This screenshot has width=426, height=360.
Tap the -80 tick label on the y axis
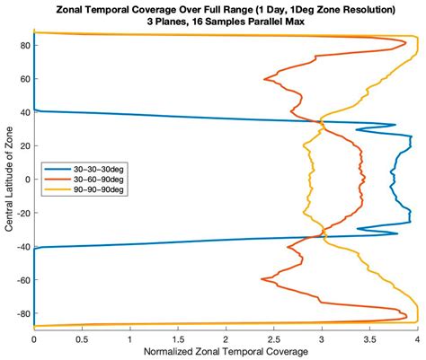[21, 312]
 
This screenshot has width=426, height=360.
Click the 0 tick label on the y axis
[26, 179]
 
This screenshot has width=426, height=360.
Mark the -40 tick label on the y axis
[21, 246]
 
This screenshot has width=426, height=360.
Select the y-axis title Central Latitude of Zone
[8, 179]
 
